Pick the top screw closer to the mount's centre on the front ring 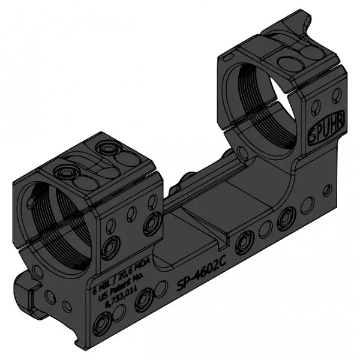pos(108,147)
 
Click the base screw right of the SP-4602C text pos(242,241)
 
